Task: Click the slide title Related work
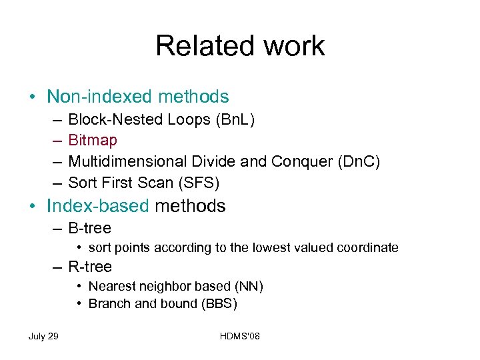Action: pos(240,46)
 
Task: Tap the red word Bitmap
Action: pos(93,140)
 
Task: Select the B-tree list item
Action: pos(89,228)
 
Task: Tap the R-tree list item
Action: pos(89,267)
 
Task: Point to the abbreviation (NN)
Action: pos(249,287)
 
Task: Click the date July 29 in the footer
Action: pos(43,336)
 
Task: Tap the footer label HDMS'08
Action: pos(239,336)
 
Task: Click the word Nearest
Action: pos(112,287)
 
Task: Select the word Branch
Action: pos(110,304)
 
